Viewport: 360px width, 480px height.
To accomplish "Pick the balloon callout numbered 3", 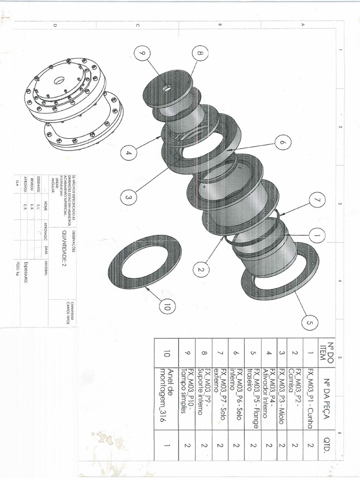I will (128, 199).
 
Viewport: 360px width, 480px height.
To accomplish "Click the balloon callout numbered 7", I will (317, 200).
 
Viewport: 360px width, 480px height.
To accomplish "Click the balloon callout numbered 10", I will (167, 307).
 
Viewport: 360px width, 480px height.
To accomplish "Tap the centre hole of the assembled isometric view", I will (59, 81).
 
